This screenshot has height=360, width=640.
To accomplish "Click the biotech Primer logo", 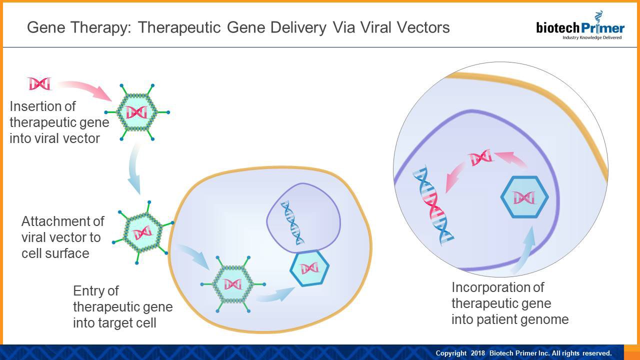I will [x=580, y=28].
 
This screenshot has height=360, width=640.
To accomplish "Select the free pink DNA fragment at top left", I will [x=39, y=83].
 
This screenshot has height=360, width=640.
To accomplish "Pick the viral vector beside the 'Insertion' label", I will [x=136, y=112].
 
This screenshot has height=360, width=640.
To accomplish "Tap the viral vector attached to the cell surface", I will [x=142, y=232].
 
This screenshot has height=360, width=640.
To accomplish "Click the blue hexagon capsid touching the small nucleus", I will [x=309, y=267].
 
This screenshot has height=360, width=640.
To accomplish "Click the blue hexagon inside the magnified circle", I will [x=524, y=197].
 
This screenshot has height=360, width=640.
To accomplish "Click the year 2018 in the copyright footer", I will [x=477, y=353].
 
